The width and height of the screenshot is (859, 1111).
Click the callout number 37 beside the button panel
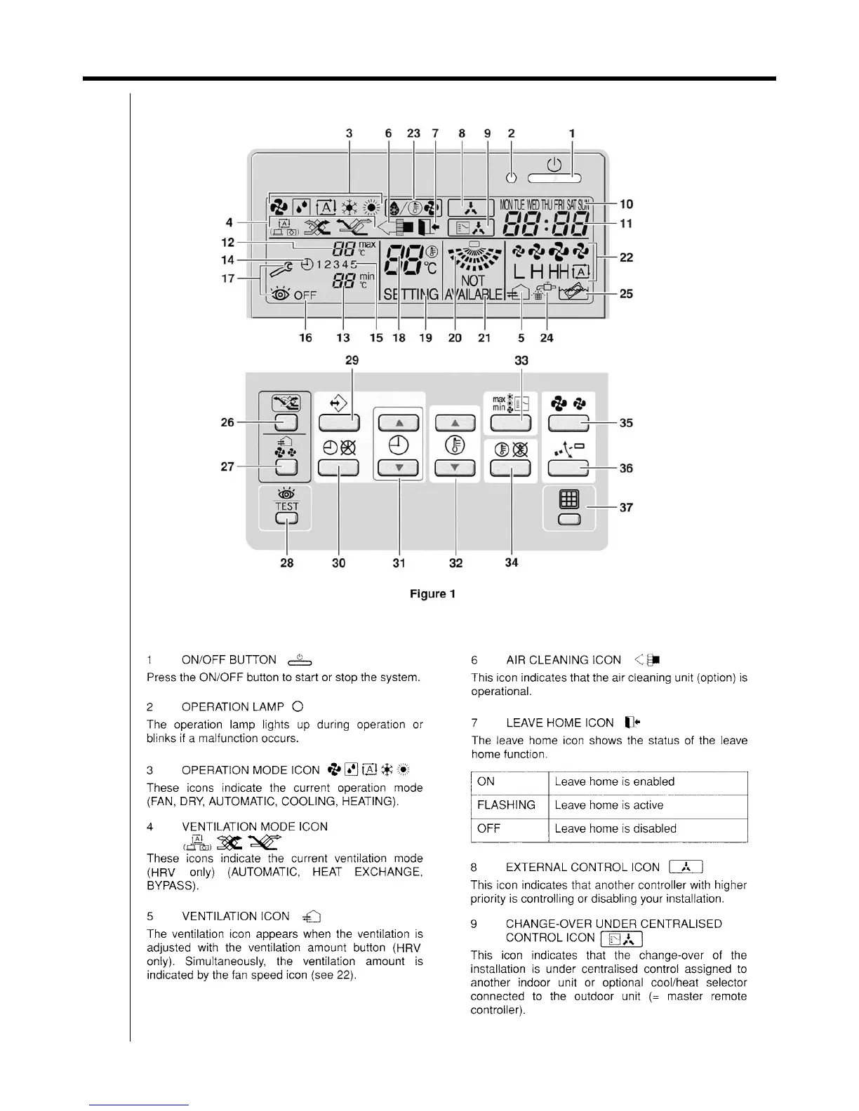626,507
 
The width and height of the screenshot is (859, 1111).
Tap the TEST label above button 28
286,506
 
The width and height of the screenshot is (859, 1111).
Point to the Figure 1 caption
432,594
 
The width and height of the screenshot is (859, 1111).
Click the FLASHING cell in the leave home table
506,805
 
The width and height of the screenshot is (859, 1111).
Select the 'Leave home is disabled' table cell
615,828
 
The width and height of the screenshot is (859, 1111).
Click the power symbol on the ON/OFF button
554,165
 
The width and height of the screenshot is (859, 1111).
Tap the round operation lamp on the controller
512,177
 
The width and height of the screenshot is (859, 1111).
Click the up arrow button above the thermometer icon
455,423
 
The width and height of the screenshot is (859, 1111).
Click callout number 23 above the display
413,133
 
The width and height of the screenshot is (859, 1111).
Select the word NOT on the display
474,281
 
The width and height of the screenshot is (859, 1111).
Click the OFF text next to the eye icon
305,295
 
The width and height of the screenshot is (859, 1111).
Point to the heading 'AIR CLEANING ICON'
563,660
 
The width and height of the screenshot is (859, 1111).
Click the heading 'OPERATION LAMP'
232,707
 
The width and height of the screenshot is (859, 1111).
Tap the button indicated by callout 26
286,422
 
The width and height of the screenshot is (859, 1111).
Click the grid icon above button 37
568,499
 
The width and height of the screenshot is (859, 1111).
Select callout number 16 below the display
306,338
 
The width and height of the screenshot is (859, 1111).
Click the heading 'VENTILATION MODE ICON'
254,826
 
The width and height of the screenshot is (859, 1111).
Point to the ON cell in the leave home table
486,781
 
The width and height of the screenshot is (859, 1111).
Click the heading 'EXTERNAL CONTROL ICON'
582,867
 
